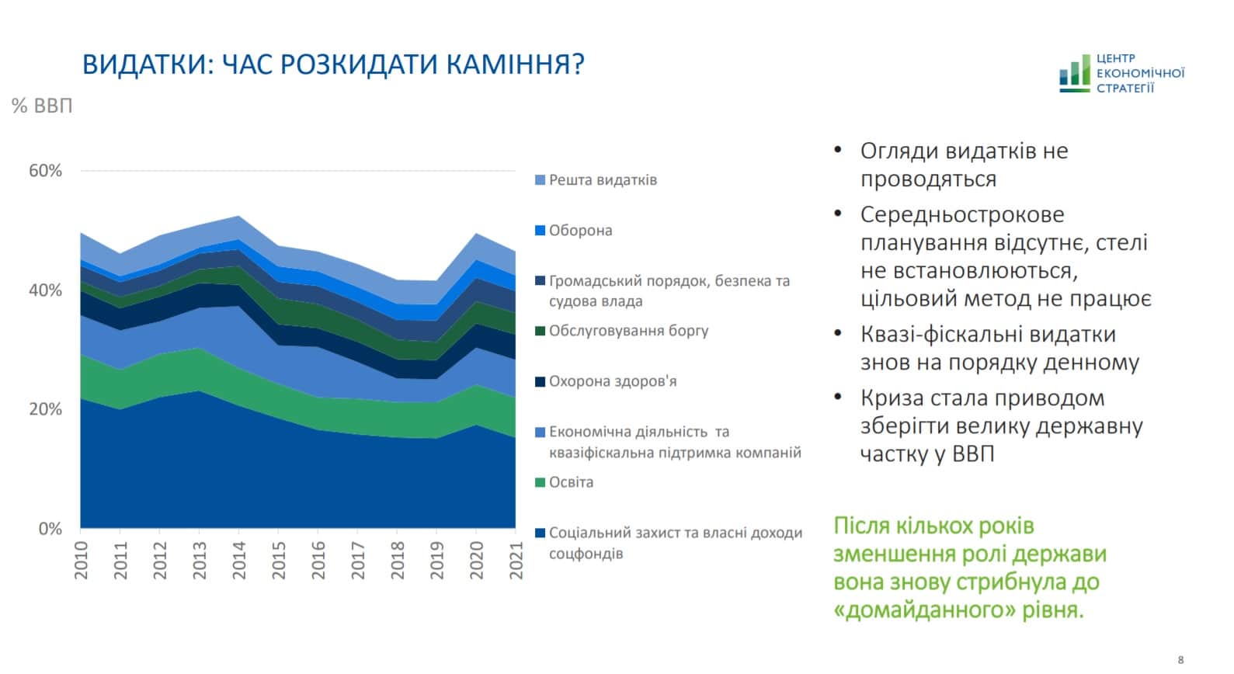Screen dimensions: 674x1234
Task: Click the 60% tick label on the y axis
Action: click(45, 171)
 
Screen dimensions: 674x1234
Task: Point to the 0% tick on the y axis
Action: click(50, 529)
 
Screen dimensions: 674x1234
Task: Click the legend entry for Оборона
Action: click(580, 231)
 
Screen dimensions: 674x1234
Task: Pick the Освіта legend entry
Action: click(571, 482)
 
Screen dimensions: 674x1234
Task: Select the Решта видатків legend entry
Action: click(603, 180)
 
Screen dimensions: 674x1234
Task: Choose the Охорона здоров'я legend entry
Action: click(612, 381)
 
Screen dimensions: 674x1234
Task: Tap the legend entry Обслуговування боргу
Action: click(628, 331)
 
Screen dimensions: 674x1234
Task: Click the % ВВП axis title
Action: click(42, 106)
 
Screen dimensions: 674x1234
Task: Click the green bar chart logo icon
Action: click(1075, 73)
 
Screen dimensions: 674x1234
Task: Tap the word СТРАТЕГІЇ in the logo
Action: click(1125, 89)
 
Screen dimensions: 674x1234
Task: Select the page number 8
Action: click(1181, 659)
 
